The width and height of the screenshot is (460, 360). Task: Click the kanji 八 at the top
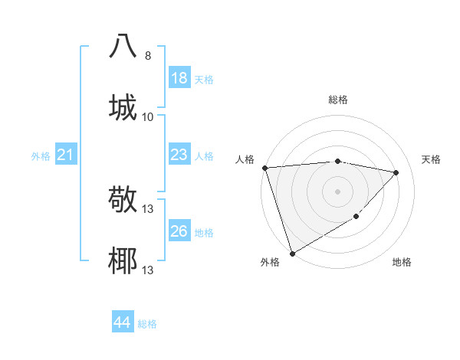(x=123, y=47)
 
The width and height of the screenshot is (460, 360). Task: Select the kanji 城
(x=123, y=107)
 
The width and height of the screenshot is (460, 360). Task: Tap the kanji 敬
(x=123, y=200)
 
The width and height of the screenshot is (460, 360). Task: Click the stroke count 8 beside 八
(x=148, y=56)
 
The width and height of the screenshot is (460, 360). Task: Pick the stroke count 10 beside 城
(x=148, y=116)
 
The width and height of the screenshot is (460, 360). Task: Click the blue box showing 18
(x=179, y=78)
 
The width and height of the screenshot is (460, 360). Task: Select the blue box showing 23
(x=179, y=155)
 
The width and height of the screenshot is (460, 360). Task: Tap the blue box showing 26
(x=179, y=231)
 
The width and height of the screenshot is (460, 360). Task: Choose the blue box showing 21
(x=66, y=155)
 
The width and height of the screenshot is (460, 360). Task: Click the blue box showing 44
(x=123, y=322)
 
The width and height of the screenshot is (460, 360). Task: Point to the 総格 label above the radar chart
(x=338, y=100)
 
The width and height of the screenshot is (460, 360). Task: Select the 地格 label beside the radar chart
(x=402, y=262)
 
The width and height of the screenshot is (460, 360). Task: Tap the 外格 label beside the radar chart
(x=270, y=262)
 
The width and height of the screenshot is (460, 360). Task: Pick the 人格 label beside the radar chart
(x=245, y=159)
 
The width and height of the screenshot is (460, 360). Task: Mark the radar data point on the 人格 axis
(x=264, y=168)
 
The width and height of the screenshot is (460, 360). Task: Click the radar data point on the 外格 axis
(x=292, y=254)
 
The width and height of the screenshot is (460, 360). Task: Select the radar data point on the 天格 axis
(x=396, y=172)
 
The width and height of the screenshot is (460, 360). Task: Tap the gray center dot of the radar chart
(x=338, y=191)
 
